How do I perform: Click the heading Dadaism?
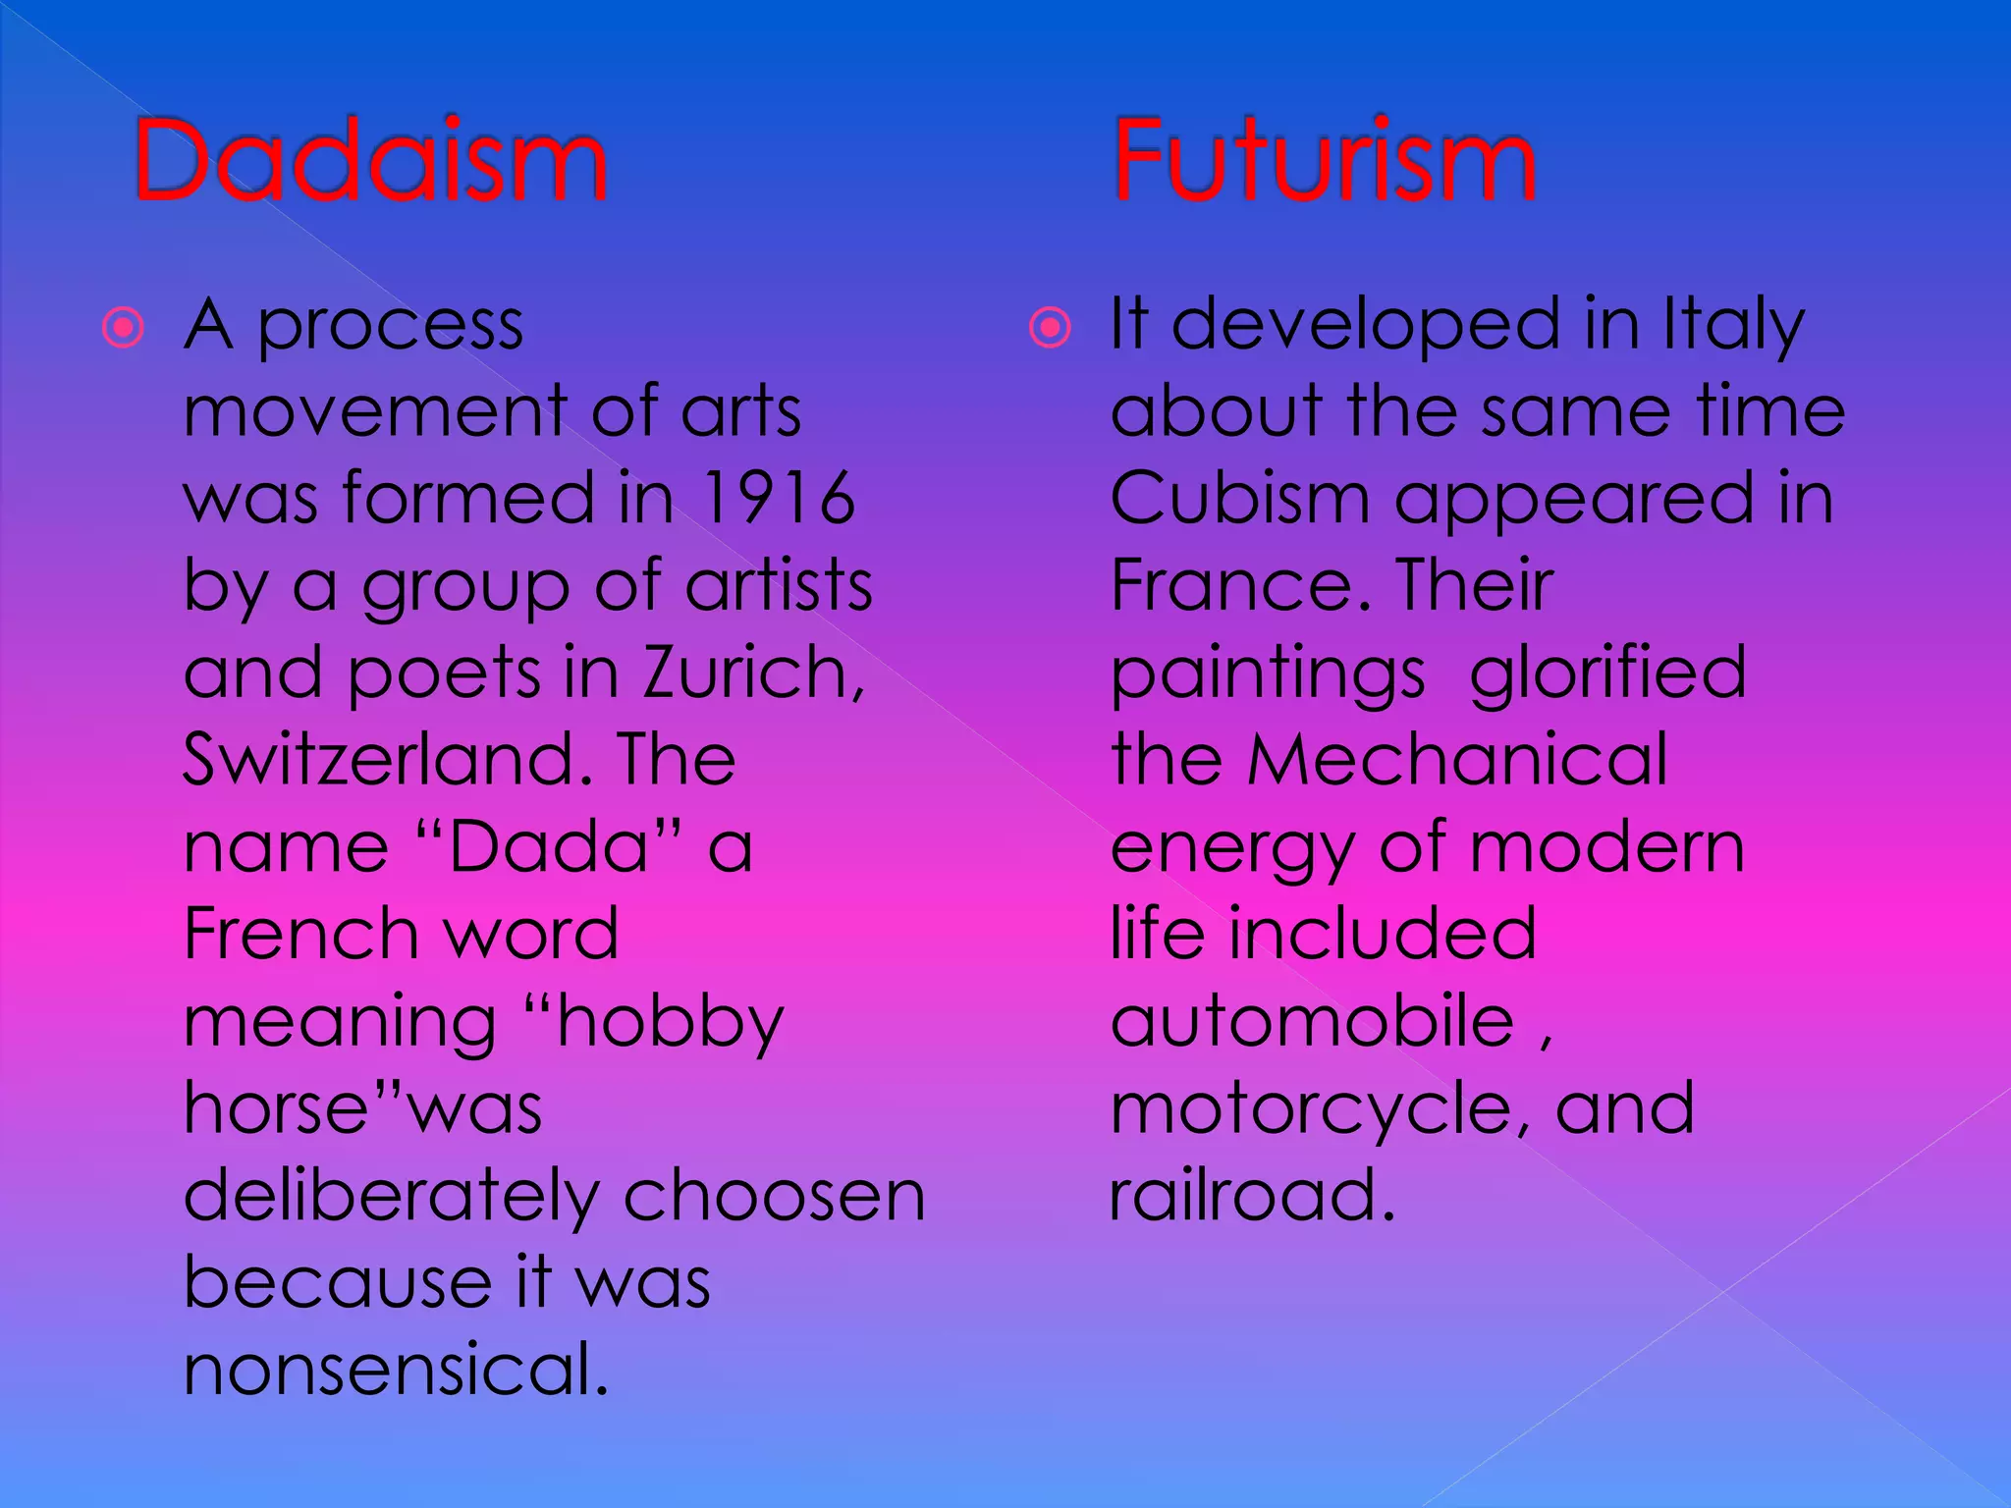(370, 160)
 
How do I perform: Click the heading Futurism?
(1324, 160)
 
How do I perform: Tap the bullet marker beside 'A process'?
(124, 327)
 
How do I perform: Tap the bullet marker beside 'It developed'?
(1050, 327)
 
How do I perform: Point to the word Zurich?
(752, 673)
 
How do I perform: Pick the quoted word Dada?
(549, 846)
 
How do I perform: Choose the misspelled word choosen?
(774, 1196)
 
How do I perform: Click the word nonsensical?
(396, 1370)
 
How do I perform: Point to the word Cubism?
(1239, 498)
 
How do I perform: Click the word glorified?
(1607, 673)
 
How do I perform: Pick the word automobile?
(1312, 1021)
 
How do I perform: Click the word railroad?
(1251, 1196)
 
